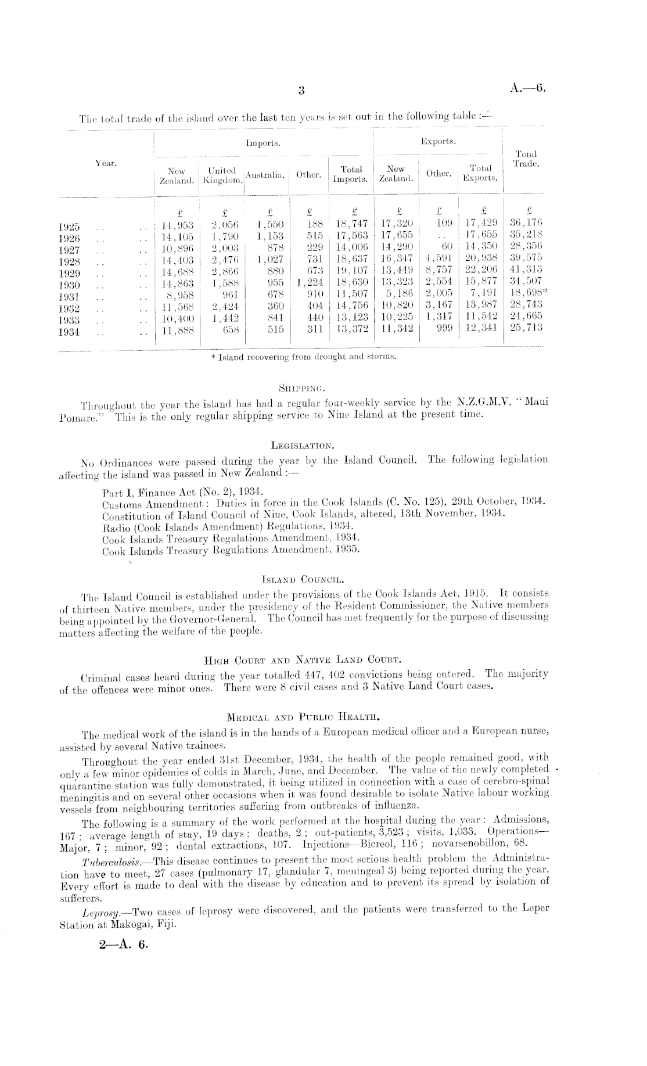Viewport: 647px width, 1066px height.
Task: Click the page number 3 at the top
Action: pyautogui.click(x=301, y=90)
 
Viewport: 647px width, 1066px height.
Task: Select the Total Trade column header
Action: pyautogui.click(x=526, y=159)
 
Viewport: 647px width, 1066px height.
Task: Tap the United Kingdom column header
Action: pyautogui.click(x=222, y=175)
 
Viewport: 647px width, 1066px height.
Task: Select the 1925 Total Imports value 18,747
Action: pyautogui.click(x=351, y=225)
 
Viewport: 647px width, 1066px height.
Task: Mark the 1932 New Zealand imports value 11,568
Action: pyautogui.click(x=177, y=308)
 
